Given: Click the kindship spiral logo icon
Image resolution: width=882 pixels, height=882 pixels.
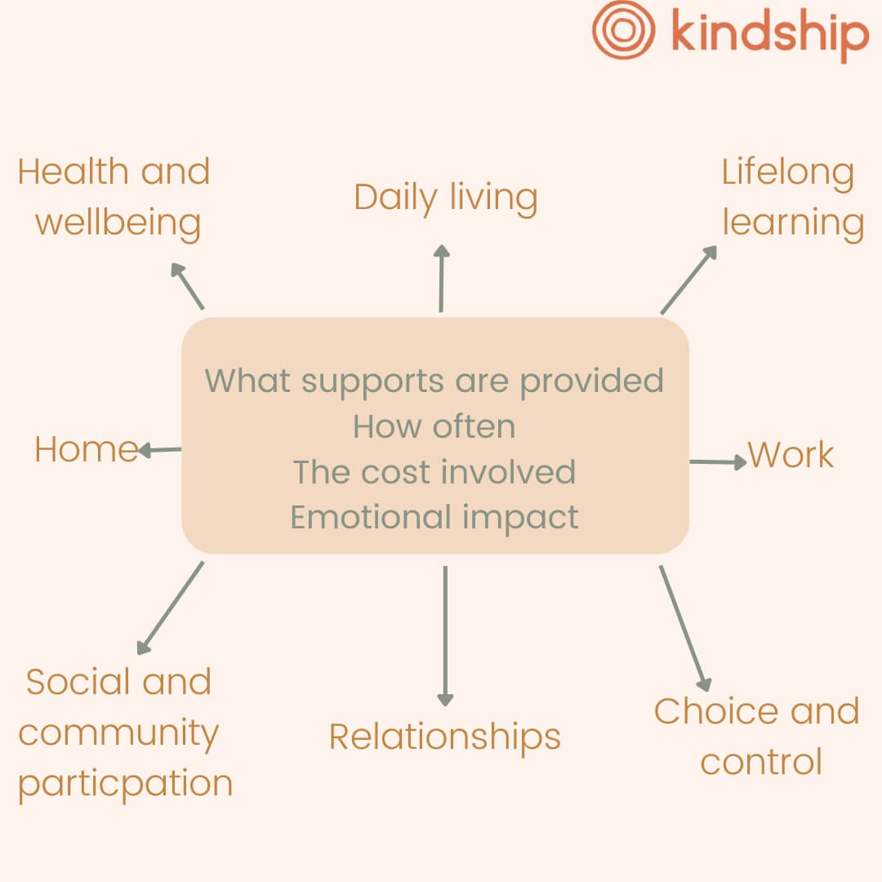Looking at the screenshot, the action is click(x=623, y=29).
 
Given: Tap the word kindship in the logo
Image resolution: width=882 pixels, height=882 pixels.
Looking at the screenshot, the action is click(x=770, y=33).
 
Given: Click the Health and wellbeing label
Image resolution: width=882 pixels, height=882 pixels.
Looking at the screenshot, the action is click(x=115, y=198).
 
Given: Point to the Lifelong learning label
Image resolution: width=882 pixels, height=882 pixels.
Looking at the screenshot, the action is click(x=792, y=198).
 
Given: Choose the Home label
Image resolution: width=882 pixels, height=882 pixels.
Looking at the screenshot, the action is click(x=87, y=449).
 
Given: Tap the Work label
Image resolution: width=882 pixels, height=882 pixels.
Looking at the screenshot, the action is click(x=791, y=455).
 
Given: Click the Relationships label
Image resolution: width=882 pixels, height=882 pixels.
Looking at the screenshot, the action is click(x=445, y=737).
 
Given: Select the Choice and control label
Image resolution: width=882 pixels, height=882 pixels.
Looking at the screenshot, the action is click(x=757, y=737).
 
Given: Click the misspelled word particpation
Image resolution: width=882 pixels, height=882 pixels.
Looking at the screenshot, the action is click(x=126, y=784).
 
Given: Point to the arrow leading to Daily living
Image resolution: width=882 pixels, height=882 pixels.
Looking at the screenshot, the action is click(x=442, y=278).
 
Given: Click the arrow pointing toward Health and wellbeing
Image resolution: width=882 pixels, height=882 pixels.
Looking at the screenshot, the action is click(x=187, y=286).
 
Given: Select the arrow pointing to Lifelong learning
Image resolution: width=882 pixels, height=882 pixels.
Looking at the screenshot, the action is click(x=688, y=279).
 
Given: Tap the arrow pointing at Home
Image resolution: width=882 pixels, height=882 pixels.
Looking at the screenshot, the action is click(x=160, y=450).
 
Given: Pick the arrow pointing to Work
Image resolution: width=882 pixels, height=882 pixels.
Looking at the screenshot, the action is click(x=719, y=461).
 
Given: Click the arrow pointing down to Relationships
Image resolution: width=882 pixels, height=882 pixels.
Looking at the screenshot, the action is click(x=446, y=636).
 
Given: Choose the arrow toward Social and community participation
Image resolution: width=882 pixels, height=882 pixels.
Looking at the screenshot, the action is click(x=171, y=608).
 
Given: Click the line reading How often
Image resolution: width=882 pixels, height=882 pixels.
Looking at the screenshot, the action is click(x=434, y=426).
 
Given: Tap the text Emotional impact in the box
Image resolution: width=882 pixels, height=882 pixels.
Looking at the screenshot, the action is click(x=434, y=518).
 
